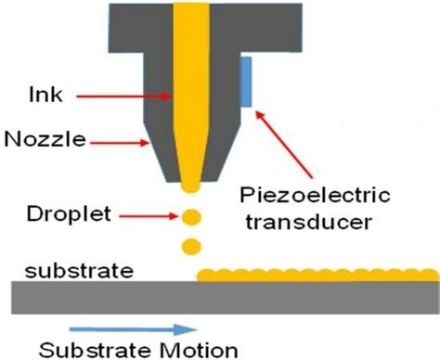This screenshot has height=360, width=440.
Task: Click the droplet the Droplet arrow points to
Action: click(191, 219)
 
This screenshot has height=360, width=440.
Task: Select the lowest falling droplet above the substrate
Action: click(191, 247)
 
